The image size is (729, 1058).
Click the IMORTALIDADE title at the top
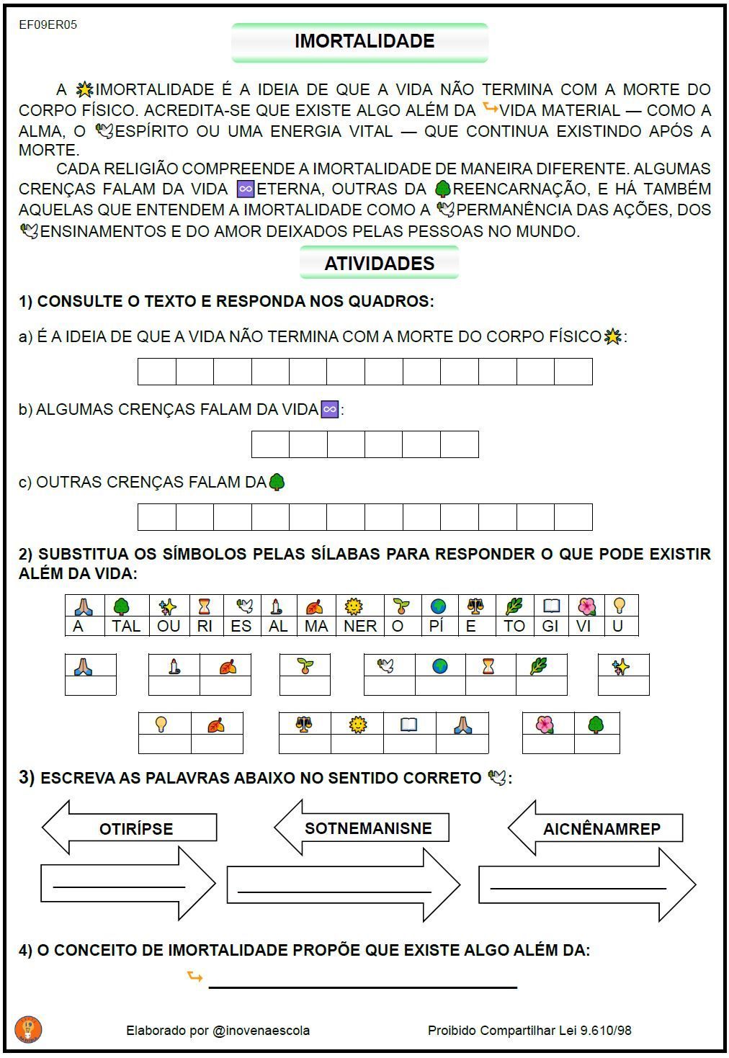364,41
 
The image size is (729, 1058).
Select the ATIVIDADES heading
379,263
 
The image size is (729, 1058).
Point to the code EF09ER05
48,24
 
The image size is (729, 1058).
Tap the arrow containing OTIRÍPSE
135,828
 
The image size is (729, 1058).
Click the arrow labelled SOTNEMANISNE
367,828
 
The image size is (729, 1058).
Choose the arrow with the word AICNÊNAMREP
601,828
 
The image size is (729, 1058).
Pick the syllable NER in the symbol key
359,626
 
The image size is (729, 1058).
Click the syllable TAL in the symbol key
126,626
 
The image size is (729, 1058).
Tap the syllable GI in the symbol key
550,626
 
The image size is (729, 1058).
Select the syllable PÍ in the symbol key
436,626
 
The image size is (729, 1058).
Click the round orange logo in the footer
28,1029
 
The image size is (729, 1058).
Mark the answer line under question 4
362,985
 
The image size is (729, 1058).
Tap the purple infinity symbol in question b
329,409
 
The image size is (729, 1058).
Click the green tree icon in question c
277,482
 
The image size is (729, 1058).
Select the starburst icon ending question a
612,336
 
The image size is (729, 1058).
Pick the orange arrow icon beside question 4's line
194,977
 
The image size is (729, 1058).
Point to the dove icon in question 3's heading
496,778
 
